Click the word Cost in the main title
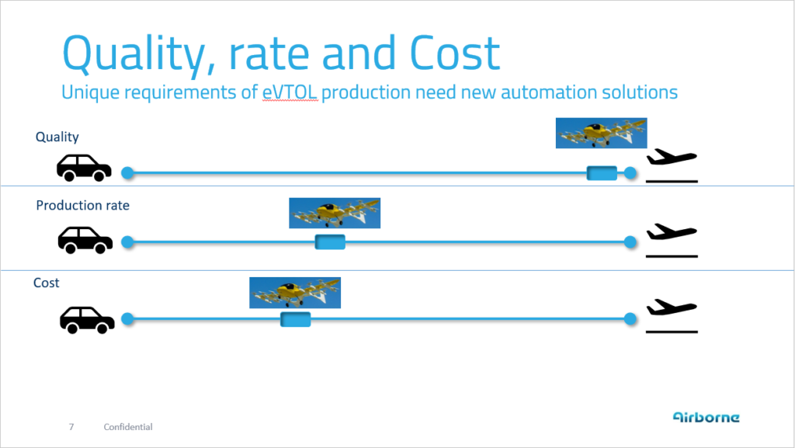[x=455, y=53]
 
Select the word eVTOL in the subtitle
[x=290, y=92]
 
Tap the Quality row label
[x=57, y=137]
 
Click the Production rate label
[x=82, y=205]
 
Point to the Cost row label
[x=46, y=283]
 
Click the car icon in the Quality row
[x=84, y=168]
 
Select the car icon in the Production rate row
[x=85, y=240]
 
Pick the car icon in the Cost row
[x=87, y=320]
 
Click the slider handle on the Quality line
[x=602, y=173]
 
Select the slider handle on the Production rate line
[x=330, y=242]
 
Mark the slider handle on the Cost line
[x=296, y=319]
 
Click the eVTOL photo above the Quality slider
[x=602, y=134]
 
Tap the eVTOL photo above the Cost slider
[x=295, y=293]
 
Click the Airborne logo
[x=706, y=417]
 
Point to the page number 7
[x=71, y=427]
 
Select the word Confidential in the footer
[x=128, y=427]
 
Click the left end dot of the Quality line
[x=128, y=173]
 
